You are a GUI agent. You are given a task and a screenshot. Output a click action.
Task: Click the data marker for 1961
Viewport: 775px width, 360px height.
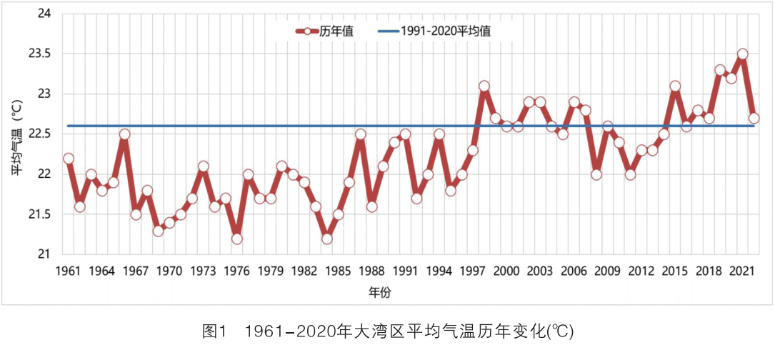tap(69, 159)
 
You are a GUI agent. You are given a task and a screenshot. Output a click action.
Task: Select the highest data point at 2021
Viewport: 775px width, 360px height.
tap(742, 54)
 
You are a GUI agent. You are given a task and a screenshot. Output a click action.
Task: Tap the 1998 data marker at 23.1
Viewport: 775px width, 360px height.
tap(484, 86)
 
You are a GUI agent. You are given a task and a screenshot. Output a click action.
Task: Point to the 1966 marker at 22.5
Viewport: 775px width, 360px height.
tap(124, 134)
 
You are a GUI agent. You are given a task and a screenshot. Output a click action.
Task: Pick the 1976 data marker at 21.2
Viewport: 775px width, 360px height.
tap(236, 239)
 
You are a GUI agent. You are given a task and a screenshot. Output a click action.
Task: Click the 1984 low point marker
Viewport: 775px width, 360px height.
tap(326, 239)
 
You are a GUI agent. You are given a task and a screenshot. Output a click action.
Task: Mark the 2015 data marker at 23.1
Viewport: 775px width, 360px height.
tap(675, 86)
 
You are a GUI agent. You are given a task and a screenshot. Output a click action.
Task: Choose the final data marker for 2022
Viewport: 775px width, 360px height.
tap(754, 119)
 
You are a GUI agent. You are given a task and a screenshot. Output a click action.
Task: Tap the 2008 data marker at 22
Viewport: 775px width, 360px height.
tap(596, 174)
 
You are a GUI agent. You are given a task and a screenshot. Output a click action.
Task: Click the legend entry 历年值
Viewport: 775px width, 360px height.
tap(324, 31)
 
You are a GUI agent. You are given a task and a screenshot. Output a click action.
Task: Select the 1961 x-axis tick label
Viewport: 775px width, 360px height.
tap(69, 271)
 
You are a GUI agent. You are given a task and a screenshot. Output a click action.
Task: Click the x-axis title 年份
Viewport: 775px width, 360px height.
tap(380, 292)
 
